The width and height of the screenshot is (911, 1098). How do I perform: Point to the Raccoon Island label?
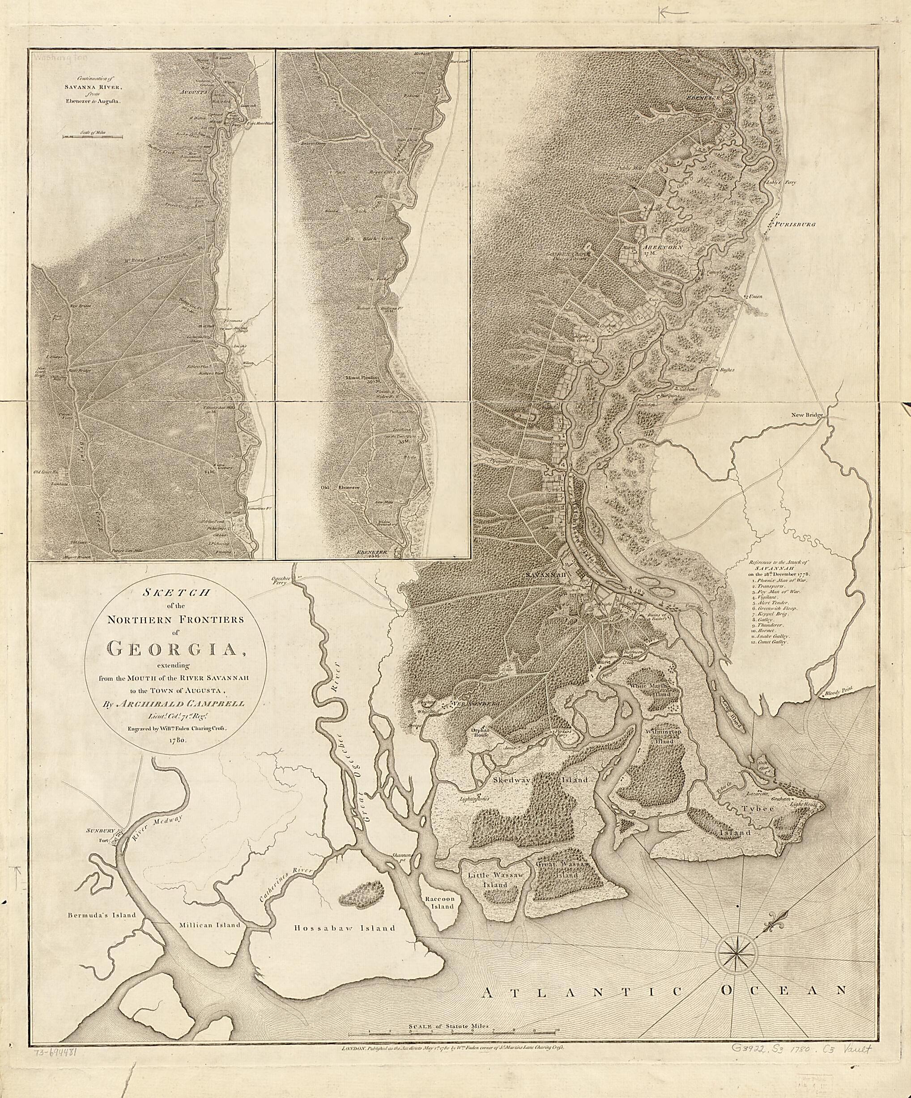click(443, 903)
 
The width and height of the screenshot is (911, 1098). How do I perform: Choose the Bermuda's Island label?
click(102, 915)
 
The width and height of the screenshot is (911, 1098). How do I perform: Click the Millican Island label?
click(209, 924)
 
